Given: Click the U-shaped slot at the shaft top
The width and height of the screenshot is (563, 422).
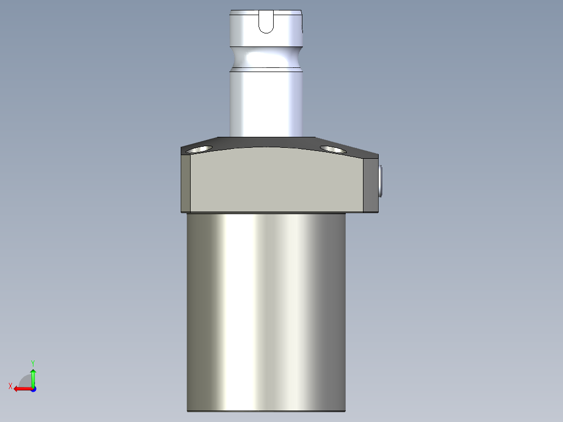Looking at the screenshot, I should tap(266, 23).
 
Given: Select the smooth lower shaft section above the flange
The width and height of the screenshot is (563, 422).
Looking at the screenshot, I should tap(266, 102).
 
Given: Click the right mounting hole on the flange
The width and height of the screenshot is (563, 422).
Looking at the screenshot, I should tap(333, 149).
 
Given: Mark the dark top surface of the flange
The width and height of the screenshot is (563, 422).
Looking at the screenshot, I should tap(266, 142).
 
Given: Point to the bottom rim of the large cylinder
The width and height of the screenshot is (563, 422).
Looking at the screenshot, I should tap(266, 411).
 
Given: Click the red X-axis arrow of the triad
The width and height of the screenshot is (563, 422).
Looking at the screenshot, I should tap(21, 389).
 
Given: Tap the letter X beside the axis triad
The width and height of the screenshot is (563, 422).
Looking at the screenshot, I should tap(10, 386).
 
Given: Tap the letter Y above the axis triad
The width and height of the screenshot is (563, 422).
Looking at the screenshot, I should tap(33, 362).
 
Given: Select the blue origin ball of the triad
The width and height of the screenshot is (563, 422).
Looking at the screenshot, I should tap(33, 389).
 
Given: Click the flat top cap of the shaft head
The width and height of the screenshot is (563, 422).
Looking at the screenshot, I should tap(266, 11).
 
